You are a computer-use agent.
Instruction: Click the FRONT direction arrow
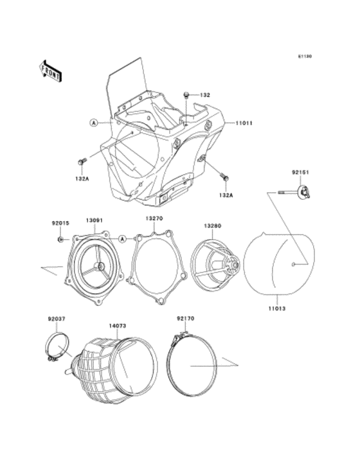click(x=51, y=71)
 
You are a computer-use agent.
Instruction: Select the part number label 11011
click(x=244, y=123)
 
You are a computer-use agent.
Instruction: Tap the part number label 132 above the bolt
click(x=205, y=95)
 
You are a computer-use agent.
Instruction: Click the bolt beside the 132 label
click(x=186, y=96)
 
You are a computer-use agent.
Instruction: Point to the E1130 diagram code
click(x=305, y=56)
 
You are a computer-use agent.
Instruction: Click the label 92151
click(x=300, y=172)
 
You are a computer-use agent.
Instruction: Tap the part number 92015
click(x=60, y=223)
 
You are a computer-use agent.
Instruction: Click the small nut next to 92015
click(x=60, y=240)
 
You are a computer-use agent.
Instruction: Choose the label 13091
click(x=94, y=220)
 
